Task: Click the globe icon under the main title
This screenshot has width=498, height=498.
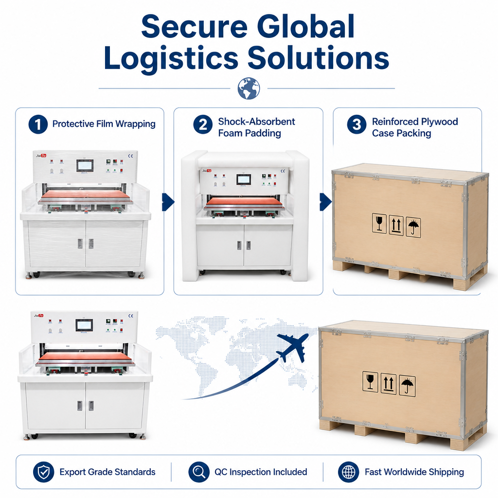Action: pyautogui.click(x=249, y=89)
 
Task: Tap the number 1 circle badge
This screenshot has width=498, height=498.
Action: pyautogui.click(x=38, y=124)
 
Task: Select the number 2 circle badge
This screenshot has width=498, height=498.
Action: pyautogui.click(x=203, y=124)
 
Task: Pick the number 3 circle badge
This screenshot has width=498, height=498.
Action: pyautogui.click(x=356, y=124)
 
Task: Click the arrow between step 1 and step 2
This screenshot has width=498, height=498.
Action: pyautogui.click(x=168, y=202)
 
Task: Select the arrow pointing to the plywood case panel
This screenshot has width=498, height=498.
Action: pyautogui.click(x=325, y=202)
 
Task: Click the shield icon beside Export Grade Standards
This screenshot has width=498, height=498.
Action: pyautogui.click(x=44, y=472)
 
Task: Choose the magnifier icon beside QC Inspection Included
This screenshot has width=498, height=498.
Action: pyautogui.click(x=199, y=472)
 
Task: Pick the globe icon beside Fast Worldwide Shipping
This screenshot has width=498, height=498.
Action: pyautogui.click(x=348, y=472)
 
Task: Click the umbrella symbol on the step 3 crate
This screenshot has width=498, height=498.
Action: pyautogui.click(x=413, y=228)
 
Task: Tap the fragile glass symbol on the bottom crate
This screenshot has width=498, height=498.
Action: pyautogui.click(x=370, y=381)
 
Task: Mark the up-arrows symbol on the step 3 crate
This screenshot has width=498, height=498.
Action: pyautogui.click(x=396, y=226)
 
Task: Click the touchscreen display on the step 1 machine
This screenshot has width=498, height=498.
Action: pyautogui.click(x=85, y=165)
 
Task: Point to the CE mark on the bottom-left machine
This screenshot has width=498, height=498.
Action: pyautogui.click(x=130, y=316)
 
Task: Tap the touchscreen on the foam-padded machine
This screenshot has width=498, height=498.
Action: pyautogui.click(x=243, y=179)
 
